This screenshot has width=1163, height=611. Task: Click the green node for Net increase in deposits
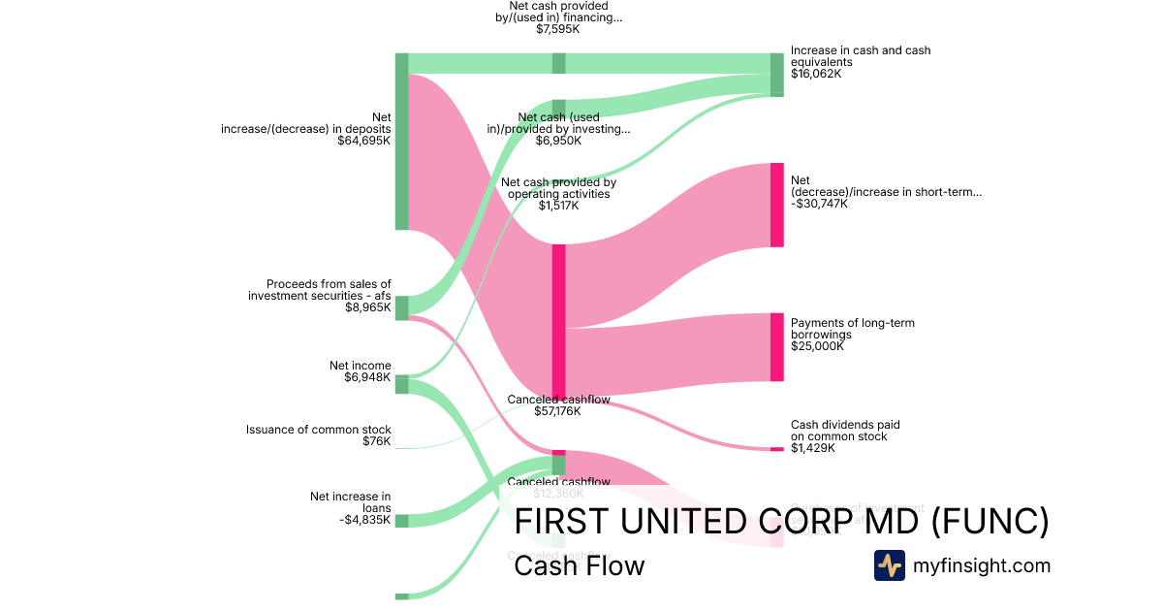pos(402,142)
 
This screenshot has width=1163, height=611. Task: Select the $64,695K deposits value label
pos(363,141)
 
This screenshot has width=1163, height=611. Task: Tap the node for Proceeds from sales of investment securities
pos(402,308)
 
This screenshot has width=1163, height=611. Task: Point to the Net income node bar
pos(402,385)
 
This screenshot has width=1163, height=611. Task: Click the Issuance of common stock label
pos(318,430)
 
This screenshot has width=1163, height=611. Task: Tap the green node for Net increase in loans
pos(402,521)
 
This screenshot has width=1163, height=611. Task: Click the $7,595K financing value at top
pos(558,29)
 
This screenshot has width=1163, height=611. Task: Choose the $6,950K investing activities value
pos(558,141)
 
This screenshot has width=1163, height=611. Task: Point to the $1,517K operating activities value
pos(558,205)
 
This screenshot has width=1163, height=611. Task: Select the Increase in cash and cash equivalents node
pos(776,75)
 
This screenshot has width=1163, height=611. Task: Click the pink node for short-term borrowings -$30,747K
pos(776,205)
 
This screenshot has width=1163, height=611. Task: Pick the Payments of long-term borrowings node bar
pos(776,347)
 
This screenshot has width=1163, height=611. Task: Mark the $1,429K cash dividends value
pos(813,448)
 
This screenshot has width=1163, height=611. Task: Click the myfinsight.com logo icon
pos(890,565)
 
